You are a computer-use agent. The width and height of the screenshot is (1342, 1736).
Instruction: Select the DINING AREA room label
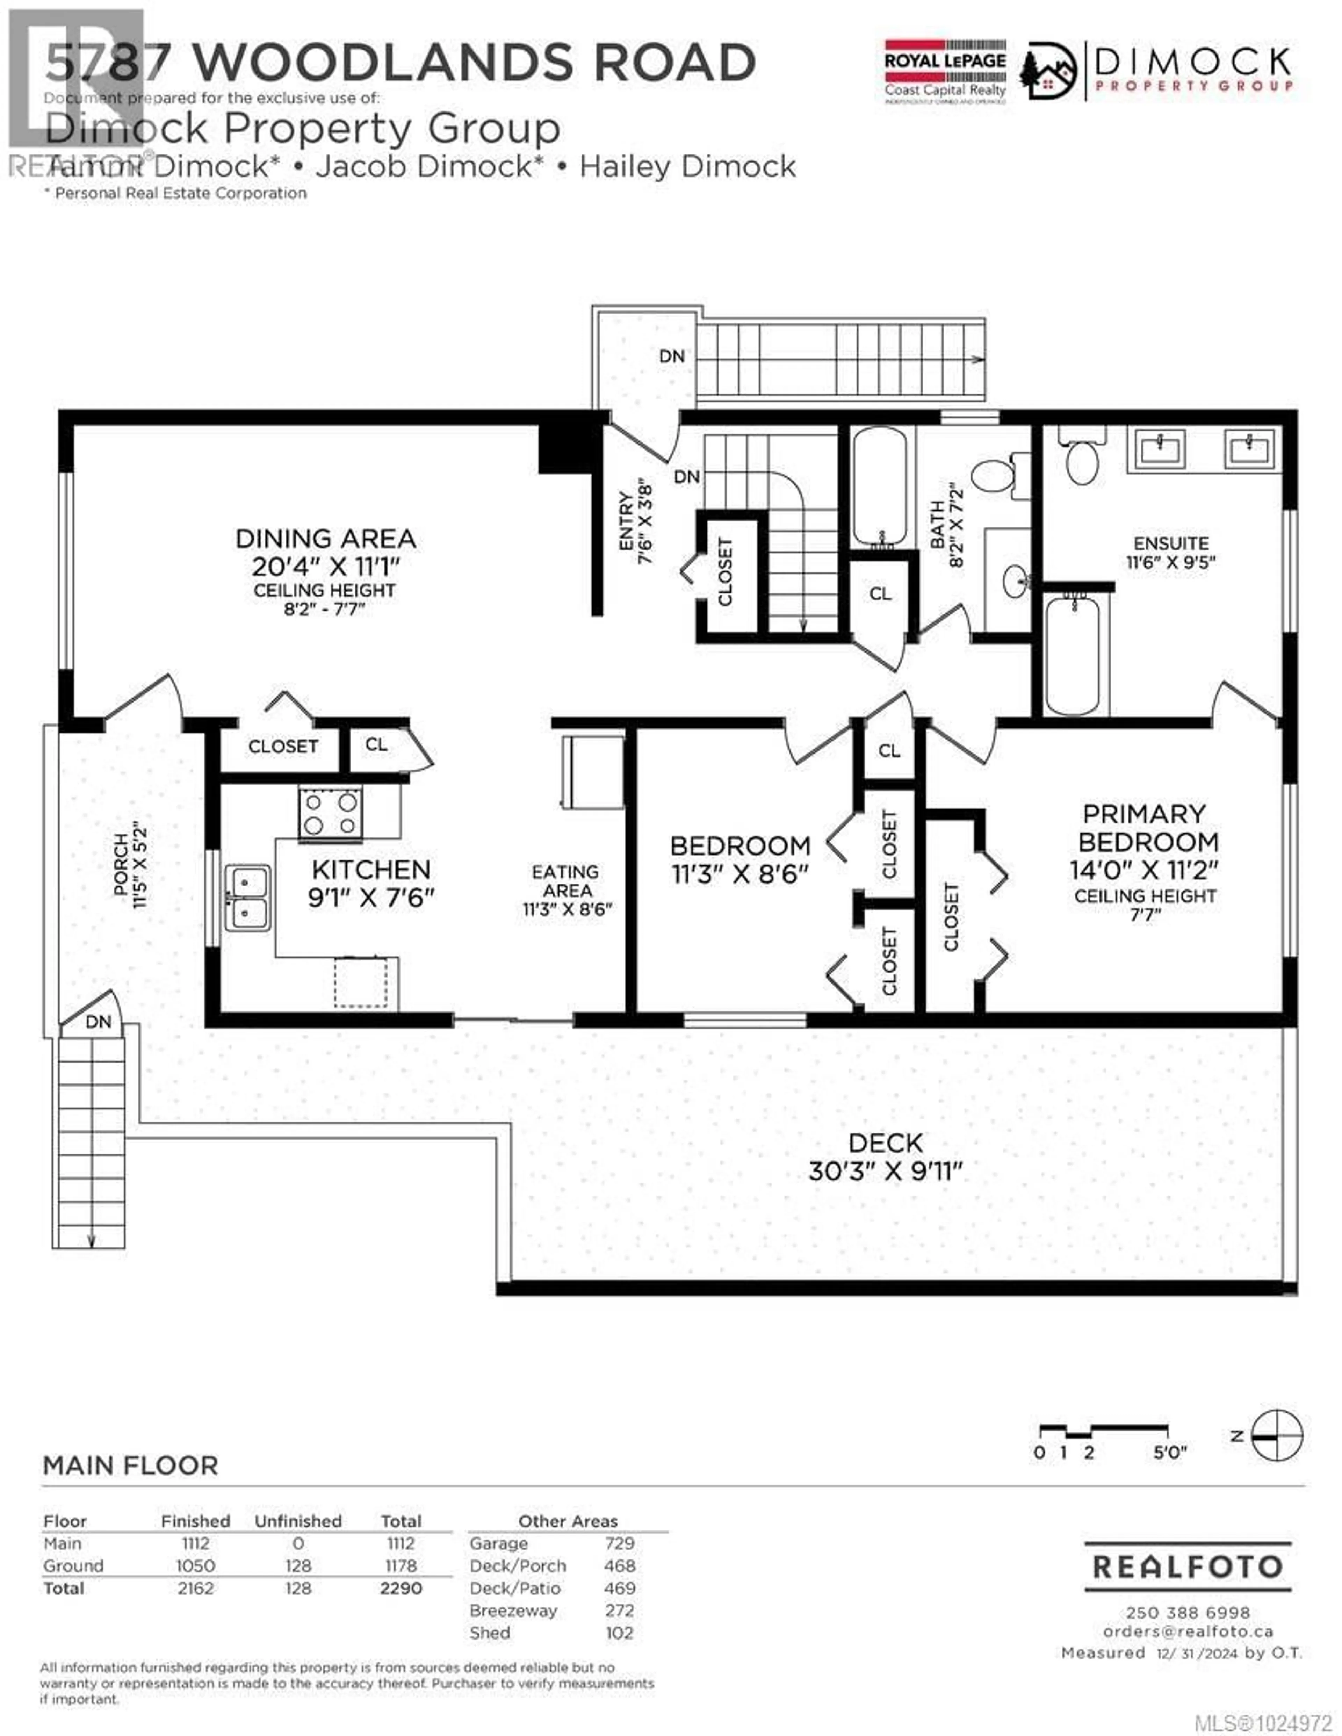325,539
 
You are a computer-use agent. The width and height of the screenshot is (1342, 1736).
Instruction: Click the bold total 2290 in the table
401,1588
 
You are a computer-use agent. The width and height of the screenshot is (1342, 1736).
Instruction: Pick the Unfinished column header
298,1521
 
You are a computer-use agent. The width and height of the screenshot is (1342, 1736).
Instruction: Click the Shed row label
490,1633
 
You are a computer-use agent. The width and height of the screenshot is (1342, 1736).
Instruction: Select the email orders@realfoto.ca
1188,1631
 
